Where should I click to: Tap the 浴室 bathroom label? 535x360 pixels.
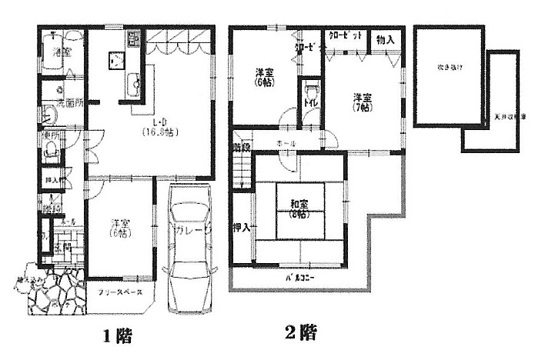pyautogui.click(x=62, y=52)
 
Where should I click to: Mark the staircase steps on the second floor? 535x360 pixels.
pyautogui.click(x=243, y=168)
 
